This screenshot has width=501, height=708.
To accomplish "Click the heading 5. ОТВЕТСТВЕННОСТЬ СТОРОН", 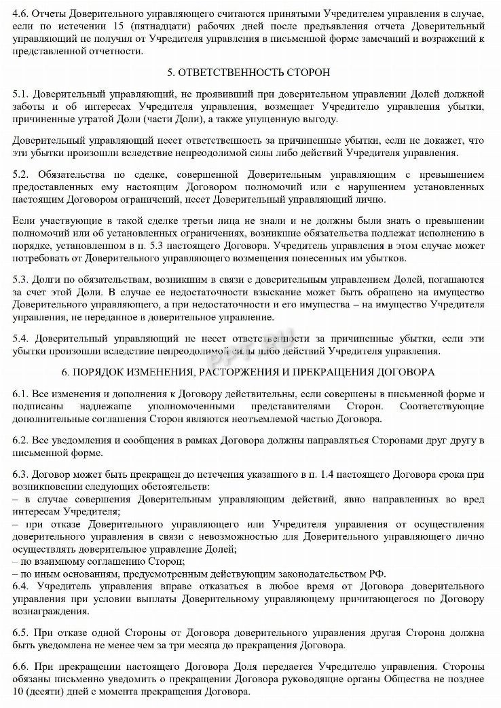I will (x=250, y=72).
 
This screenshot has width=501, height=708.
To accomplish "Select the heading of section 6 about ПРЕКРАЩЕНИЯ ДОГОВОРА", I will (x=250, y=373).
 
